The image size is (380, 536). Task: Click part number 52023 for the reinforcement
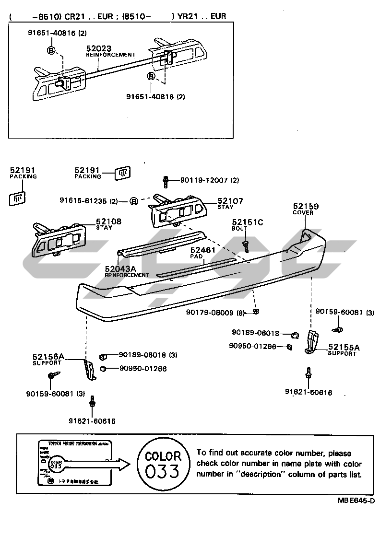(99, 48)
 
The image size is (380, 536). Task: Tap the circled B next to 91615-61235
(134, 201)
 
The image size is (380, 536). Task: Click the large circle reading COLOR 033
(163, 464)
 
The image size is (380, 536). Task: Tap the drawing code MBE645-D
(356, 501)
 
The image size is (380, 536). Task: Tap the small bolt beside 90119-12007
(166, 181)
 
